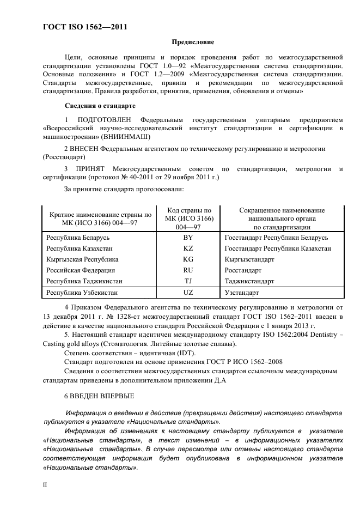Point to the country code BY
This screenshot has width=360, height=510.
[188, 238]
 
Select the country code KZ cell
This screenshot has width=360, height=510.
[188, 248]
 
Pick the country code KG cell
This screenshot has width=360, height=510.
[188, 259]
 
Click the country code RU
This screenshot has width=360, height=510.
[188, 270]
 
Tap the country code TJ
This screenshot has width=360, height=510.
[188, 281]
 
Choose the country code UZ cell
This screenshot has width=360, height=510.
[188, 293]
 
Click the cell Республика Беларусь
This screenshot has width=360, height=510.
[78, 238]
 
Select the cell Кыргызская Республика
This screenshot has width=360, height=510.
[82, 259]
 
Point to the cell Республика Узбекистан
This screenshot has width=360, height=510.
[82, 293]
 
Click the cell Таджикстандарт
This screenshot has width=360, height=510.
[249, 281]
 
